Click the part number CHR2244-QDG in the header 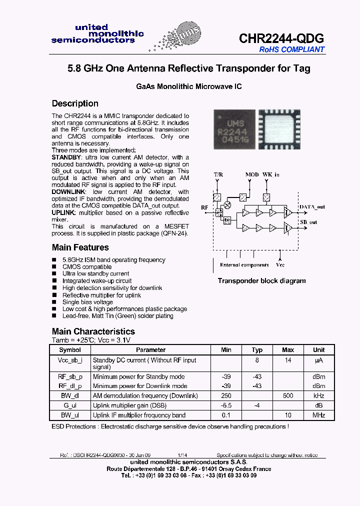(x=281, y=38)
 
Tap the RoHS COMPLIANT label (x=291, y=49)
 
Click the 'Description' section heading (x=75, y=103)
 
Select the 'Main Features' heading (x=80, y=247)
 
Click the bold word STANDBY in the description (x=66, y=157)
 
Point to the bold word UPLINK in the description (x=63, y=212)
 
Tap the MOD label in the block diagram (x=252, y=174)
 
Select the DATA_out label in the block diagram (x=312, y=206)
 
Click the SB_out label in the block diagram (x=308, y=222)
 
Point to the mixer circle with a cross (x=228, y=204)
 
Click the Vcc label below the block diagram (x=280, y=265)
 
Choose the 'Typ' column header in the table (x=257, y=350)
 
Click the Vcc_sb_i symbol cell (x=70, y=360)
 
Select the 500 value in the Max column (x=288, y=395)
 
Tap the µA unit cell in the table (x=318, y=360)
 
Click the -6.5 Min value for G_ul (x=226, y=405)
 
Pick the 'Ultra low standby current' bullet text (x=95, y=273)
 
